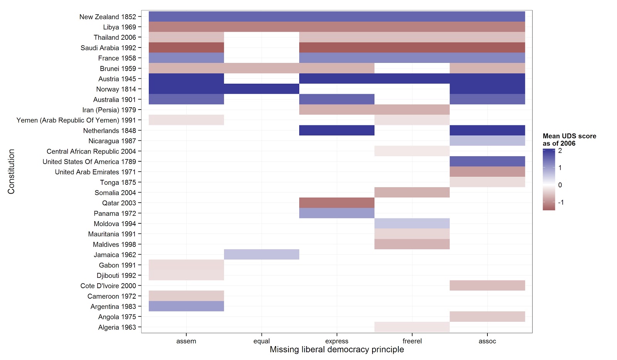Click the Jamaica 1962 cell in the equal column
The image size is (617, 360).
[x=261, y=255]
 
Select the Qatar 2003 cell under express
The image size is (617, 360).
[x=337, y=203]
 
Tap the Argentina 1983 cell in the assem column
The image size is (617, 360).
[x=186, y=306]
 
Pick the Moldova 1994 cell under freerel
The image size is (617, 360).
[x=412, y=224]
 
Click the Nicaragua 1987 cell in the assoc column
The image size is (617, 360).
[x=487, y=141]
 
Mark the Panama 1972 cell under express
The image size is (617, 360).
[x=337, y=213]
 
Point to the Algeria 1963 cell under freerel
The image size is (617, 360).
[x=412, y=327]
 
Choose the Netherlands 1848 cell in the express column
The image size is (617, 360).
[x=337, y=130]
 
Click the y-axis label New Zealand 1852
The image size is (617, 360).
[x=108, y=17]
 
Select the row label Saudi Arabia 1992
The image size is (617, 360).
[x=108, y=48]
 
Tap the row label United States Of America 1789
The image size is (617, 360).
[x=89, y=162]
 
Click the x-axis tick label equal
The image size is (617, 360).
[x=261, y=341]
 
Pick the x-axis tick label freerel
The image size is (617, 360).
[x=412, y=341]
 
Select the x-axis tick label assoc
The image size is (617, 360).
[x=487, y=341]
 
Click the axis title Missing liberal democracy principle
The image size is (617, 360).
[x=337, y=350]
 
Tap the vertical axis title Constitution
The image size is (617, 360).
[x=11, y=172]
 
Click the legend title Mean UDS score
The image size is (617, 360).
[x=569, y=136]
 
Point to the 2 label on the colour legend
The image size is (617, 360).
[x=560, y=151]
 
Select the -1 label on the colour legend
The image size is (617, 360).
[x=561, y=203]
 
